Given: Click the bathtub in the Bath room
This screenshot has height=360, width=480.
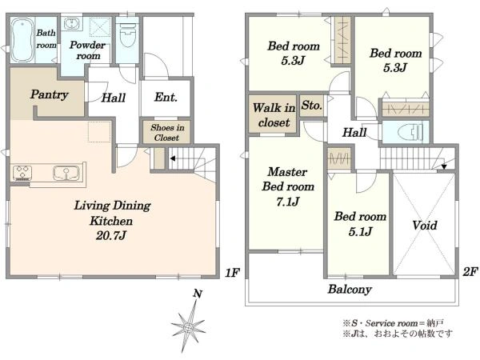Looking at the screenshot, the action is coord(22,40).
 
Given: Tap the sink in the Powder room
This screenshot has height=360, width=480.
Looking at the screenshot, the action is coord(72,23).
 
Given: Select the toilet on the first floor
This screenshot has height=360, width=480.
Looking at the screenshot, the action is coord(128,34).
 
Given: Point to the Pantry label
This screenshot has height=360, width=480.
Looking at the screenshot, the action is coord(49,94).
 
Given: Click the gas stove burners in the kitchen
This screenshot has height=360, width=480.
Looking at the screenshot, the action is coord(22,172).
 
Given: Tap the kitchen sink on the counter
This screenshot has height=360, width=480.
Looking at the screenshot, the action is coord(66,173).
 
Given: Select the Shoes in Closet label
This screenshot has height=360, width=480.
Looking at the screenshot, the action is coord(167,132).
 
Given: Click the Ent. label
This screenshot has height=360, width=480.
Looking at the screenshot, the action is coord(166,98).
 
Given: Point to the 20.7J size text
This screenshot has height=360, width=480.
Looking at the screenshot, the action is coord(111,235).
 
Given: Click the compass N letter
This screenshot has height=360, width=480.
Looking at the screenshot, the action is coord(198,294).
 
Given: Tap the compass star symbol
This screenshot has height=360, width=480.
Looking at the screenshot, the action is coord(188,327).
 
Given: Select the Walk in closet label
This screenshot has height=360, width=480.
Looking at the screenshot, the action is coord(274,115).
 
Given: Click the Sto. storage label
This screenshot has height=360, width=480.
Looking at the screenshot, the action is coord(312,106).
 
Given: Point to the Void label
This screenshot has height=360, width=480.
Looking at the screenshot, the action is coord(424,226).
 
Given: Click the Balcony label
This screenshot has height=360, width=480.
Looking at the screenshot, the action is coord(350,290).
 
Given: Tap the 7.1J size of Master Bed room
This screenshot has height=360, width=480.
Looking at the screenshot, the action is coord(287,202).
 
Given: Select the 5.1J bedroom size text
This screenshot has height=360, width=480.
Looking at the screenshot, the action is coord(360,231).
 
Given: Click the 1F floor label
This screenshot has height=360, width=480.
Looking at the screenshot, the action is coord(232,272).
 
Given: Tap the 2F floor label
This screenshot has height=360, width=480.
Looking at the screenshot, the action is coord(470,271).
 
